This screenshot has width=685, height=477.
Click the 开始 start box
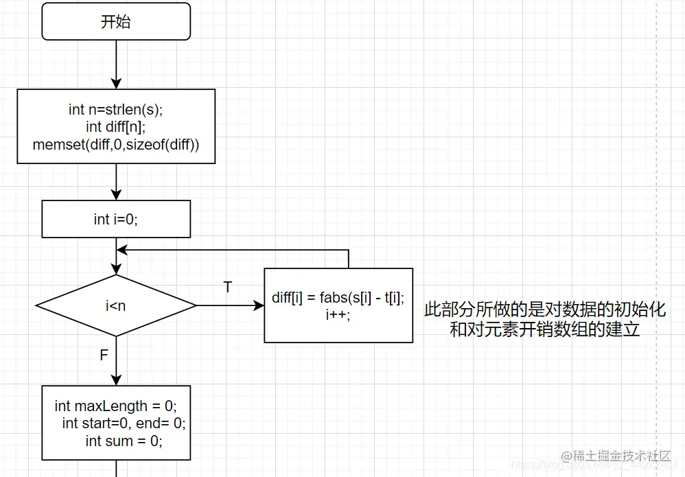[x=115, y=22]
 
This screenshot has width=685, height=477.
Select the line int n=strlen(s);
[x=115, y=110]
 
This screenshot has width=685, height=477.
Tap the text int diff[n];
[x=115, y=127]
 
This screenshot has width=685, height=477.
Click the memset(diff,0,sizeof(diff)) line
[x=115, y=145]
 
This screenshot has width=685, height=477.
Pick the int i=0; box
[x=115, y=219]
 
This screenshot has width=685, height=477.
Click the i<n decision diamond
[x=115, y=305]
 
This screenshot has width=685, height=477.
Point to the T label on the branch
[x=228, y=287]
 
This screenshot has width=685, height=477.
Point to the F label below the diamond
[x=104, y=355]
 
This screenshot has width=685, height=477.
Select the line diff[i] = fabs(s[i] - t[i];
[x=338, y=297]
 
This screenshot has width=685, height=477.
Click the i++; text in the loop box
[x=338, y=314]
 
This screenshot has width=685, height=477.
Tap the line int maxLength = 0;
[x=115, y=406]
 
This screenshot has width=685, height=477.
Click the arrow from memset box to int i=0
[x=116, y=182]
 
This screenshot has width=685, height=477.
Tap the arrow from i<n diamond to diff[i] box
[x=230, y=305]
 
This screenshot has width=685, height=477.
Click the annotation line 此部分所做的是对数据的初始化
[x=544, y=310]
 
